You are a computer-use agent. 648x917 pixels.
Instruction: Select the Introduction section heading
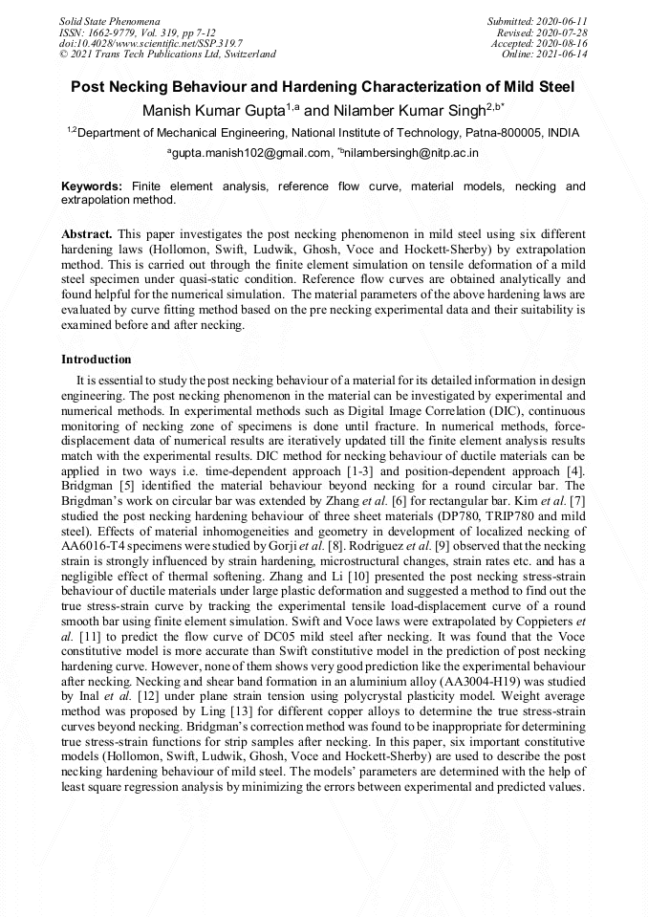coord(97,360)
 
